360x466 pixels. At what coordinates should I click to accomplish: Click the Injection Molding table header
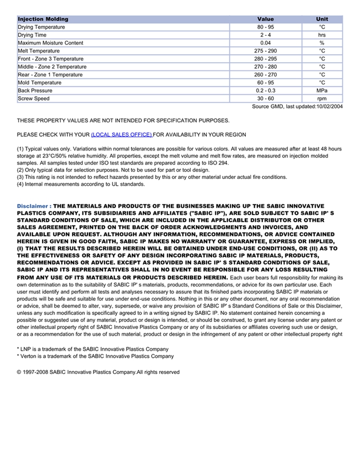[43, 19]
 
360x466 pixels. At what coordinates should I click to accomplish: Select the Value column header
[265, 19]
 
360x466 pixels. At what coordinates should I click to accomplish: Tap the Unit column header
[322, 19]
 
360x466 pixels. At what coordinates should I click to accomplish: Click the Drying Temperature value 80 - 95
[265, 27]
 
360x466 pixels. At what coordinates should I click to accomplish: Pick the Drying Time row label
[32, 35]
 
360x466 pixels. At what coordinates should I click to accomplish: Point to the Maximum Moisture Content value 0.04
[265, 43]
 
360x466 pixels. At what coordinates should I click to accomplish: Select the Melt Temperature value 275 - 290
[265, 51]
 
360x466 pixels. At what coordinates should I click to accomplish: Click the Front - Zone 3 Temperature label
[50, 59]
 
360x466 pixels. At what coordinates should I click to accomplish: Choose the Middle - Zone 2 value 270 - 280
[265, 67]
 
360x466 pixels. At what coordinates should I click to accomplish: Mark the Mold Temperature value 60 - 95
[265, 82]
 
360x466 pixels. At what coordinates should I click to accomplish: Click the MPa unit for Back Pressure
[322, 91]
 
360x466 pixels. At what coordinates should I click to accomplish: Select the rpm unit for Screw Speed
[322, 98]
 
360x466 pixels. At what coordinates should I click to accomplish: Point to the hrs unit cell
[322, 35]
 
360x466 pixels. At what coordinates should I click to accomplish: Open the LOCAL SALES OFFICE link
[121, 135]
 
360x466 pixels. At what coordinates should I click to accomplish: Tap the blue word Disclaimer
[33, 206]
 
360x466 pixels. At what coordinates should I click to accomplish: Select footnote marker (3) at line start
[21, 177]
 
